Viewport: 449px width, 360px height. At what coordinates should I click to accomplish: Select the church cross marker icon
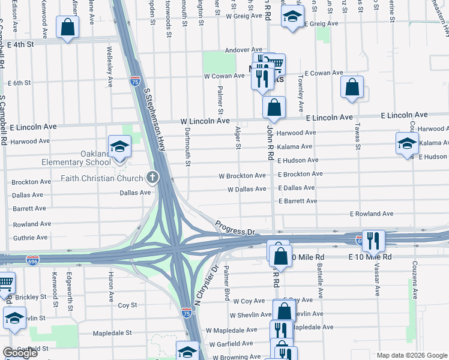[x=152, y=178]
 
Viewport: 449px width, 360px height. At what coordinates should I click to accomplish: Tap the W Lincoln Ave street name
[x=205, y=121]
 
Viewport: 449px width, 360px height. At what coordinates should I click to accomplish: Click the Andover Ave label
[x=244, y=50]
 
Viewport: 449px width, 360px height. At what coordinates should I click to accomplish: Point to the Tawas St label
[x=357, y=137]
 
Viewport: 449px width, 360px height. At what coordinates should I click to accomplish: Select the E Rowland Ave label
[x=372, y=214]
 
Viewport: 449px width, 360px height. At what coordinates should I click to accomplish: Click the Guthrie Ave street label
[x=29, y=238]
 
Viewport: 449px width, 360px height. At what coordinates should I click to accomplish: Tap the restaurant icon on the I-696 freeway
[x=373, y=241]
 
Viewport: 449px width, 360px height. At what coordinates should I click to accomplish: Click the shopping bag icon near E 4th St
[x=67, y=27]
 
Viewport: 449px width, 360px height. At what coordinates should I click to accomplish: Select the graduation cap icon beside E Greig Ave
[x=292, y=16]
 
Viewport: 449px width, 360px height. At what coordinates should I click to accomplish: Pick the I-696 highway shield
[x=33, y=260]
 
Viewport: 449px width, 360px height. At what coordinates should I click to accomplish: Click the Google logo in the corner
[x=20, y=353]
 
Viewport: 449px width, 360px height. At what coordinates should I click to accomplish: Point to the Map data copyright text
[x=411, y=355]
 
